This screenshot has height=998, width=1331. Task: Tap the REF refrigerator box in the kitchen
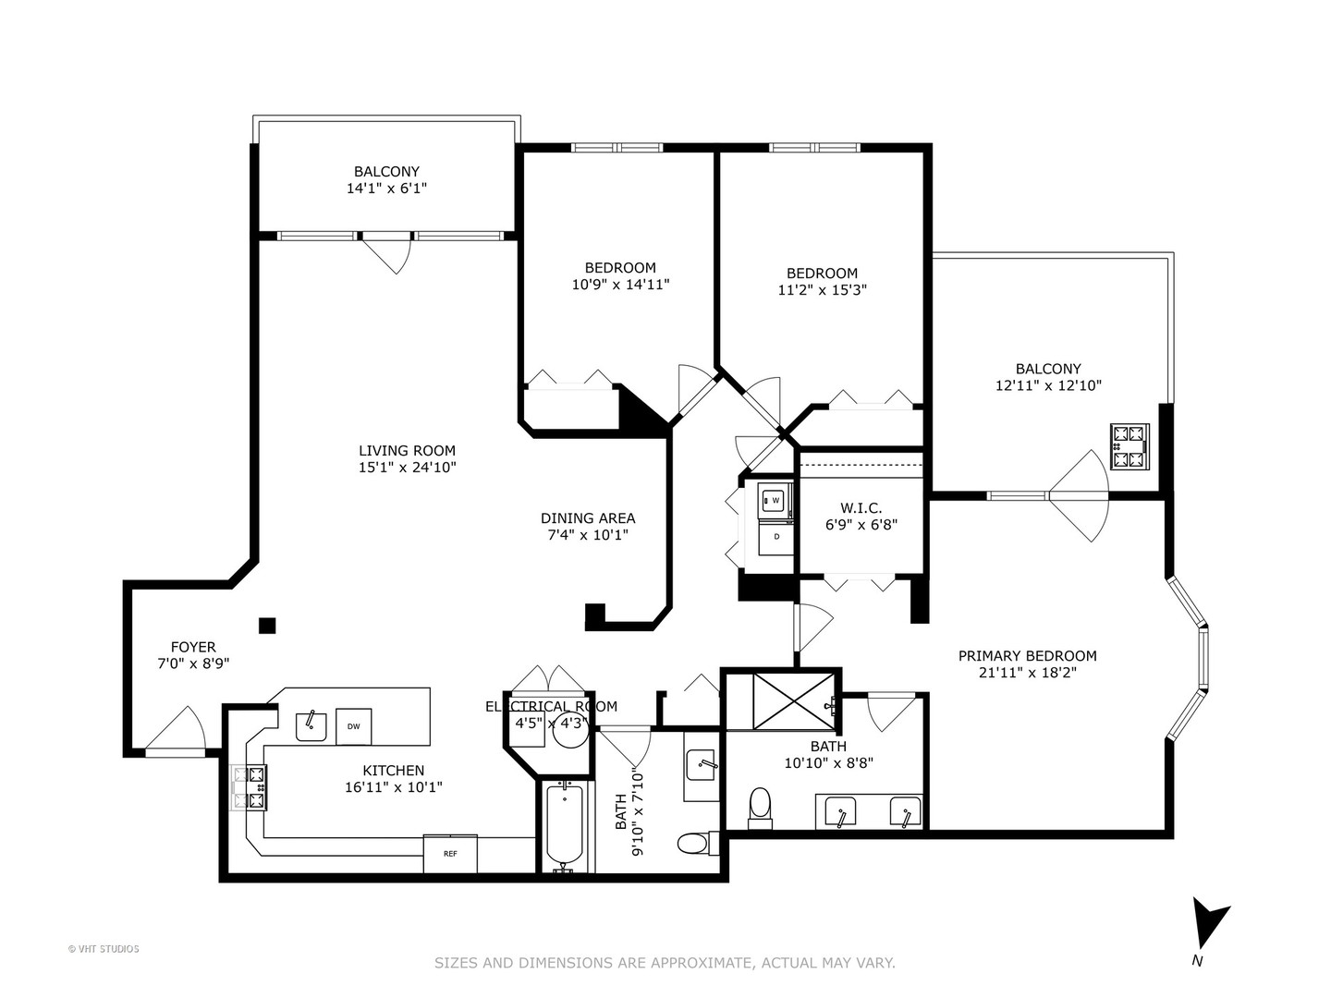pos(450,854)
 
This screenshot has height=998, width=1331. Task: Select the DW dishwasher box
pos(353,726)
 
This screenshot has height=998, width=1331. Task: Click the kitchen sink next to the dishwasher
pos(311,726)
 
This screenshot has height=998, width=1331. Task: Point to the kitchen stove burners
pos(249,788)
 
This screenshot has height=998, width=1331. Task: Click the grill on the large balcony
pos(1130,446)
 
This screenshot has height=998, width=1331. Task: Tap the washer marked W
pos(775,501)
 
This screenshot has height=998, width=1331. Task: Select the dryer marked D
pos(775,537)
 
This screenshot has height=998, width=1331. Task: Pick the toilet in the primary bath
pos(760,805)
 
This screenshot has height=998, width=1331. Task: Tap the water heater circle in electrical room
pos(570,728)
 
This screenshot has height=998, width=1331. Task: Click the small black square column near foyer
pos(267,626)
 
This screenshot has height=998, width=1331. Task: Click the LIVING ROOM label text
pos(407,451)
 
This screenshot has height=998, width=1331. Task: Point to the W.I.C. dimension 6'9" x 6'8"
pos(861,525)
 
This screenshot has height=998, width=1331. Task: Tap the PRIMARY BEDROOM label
pos(1027,656)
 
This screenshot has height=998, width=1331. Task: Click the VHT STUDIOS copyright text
pos(104,949)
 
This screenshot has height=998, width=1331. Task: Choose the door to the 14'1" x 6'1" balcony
pos(386,252)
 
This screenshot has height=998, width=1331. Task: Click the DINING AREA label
pos(588,518)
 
